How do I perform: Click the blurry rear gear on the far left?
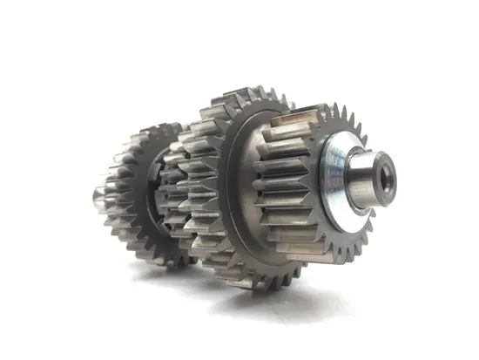point(131,192)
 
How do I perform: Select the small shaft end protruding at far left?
point(98,192)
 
